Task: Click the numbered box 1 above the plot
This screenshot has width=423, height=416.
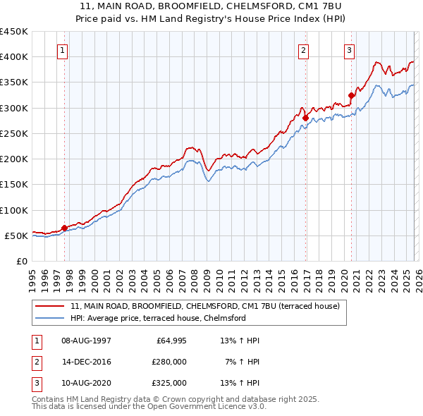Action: tap(63, 50)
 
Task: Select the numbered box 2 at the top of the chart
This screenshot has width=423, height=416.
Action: tap(303, 50)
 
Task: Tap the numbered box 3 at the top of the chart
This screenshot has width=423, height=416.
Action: tap(349, 50)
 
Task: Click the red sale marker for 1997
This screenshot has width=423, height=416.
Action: tap(64, 228)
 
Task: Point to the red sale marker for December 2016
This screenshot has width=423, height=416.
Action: tap(305, 118)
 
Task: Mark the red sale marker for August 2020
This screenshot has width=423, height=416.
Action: tap(351, 95)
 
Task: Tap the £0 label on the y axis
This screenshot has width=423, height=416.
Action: tap(23, 261)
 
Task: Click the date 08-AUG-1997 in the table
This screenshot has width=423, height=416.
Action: tap(86, 341)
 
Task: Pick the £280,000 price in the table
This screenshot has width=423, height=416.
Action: tap(169, 362)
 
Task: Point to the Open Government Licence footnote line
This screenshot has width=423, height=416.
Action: tap(149, 407)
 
